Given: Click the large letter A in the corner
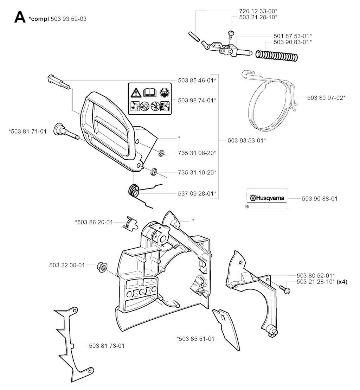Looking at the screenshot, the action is click(20, 17).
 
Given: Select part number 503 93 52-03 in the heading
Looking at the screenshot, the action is click(68, 19).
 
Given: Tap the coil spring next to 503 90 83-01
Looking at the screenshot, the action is click(277, 56).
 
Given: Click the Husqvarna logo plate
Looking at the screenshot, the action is click(267, 198).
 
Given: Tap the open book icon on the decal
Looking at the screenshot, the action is click(150, 93).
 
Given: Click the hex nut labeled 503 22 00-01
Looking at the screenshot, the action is click(102, 267).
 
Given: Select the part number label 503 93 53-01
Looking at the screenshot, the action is click(247, 140).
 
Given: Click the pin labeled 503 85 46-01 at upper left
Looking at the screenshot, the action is click(58, 81).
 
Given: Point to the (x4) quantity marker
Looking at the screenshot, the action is click(342, 282).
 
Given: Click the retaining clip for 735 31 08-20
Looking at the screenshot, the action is click(161, 153).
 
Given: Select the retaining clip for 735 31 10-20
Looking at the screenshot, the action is click(154, 172).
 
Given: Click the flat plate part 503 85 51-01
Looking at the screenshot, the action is click(227, 329).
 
